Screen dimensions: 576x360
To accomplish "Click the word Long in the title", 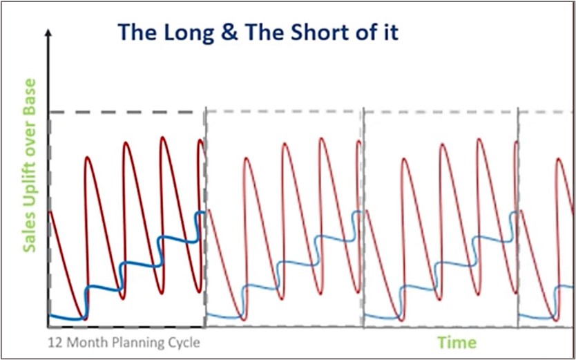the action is tap(188, 32).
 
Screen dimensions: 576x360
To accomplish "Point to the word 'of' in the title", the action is tap(376, 32).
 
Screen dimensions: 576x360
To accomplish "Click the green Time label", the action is tap(458, 342).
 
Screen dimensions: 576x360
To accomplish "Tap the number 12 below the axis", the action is tap(55, 343).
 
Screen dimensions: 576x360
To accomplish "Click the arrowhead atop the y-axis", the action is tap(48, 33).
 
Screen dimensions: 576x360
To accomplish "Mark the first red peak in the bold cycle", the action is tap(88, 158).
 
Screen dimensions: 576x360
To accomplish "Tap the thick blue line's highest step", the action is tap(200, 213).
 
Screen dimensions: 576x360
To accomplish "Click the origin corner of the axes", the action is tap(48, 327).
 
